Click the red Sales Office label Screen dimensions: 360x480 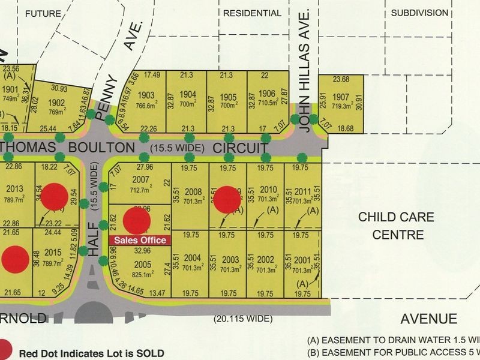coord(139,239)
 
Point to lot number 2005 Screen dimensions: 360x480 coord(142,265)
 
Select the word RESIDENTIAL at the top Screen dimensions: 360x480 coord(251,13)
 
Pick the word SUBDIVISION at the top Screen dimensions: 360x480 coord(419,13)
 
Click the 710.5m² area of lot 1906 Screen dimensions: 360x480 coord(266,104)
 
